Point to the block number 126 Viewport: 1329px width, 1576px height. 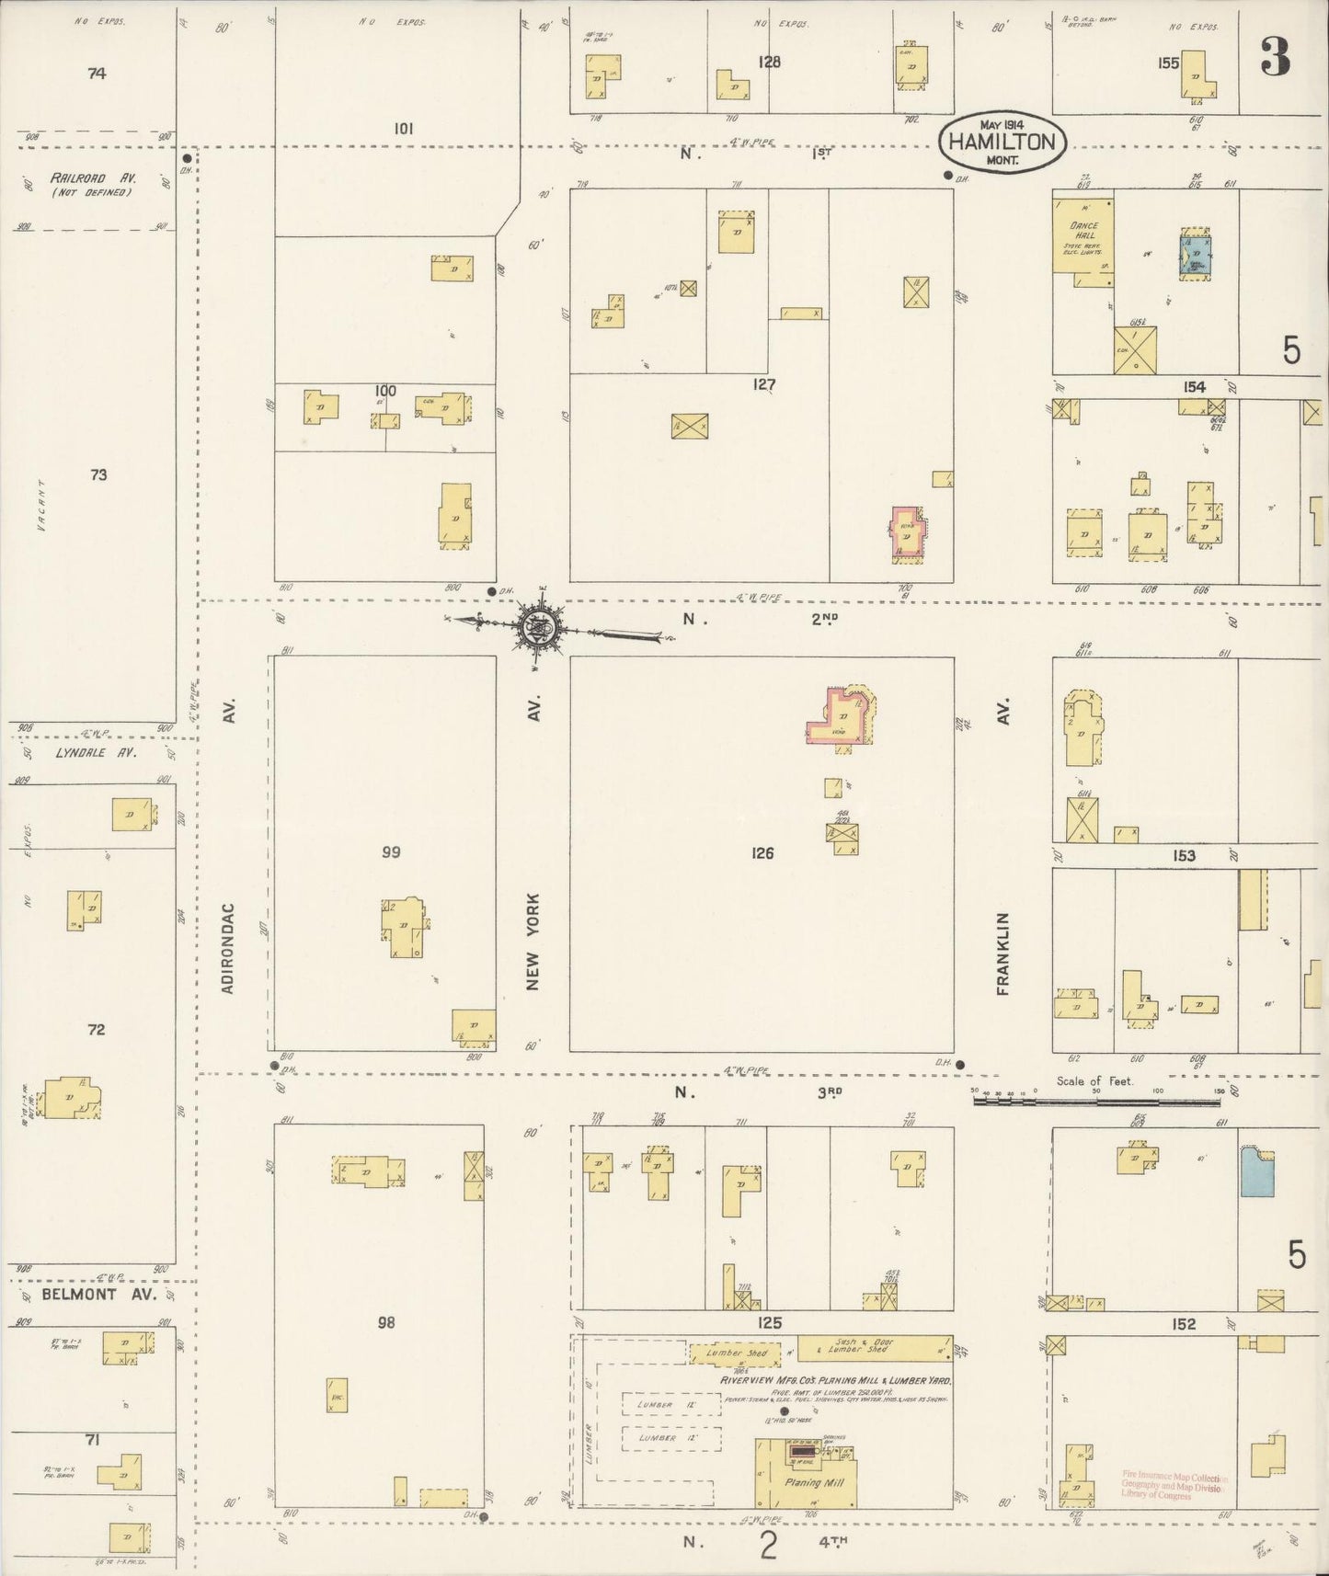coord(762,853)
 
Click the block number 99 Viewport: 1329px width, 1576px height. coord(391,852)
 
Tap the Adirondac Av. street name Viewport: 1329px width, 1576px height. coord(230,947)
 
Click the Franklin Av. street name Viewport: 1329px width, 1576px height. coord(1002,952)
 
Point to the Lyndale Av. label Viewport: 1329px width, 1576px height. coord(83,752)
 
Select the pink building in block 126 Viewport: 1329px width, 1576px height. coord(842,714)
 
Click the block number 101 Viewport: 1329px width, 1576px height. coord(403,129)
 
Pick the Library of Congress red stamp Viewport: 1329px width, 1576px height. coord(1173,1486)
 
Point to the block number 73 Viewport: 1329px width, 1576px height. coord(98,474)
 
